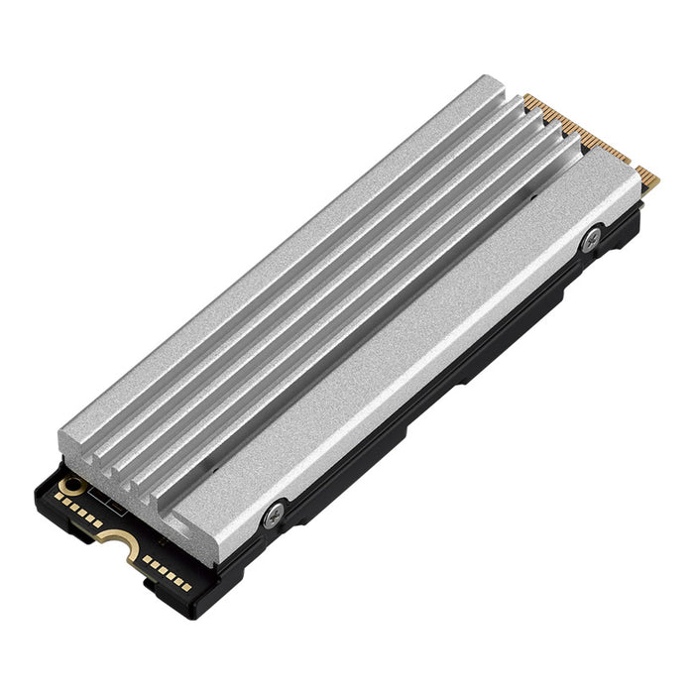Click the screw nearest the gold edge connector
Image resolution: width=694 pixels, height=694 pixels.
point(593,237)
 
